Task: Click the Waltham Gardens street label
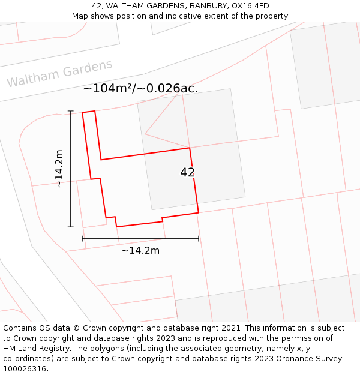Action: [x=59, y=73]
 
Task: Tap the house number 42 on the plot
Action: [x=187, y=172]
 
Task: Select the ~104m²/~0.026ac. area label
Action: [x=140, y=88]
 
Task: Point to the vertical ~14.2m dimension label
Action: [x=59, y=169]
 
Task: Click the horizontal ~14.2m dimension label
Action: [x=140, y=250]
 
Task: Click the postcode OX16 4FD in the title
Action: [x=248, y=6]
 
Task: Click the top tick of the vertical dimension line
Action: [x=71, y=111]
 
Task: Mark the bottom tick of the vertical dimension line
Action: [x=71, y=227]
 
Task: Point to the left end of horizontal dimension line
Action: [x=82, y=239]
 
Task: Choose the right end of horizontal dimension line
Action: [x=199, y=239]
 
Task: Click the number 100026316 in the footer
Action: [x=25, y=369]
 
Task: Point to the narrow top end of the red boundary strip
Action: [x=88, y=112]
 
